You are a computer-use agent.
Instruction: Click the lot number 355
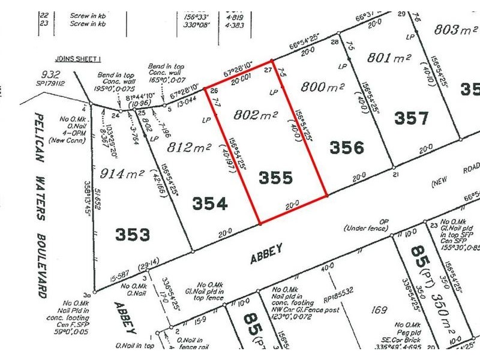point(277,178)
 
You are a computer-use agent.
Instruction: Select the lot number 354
point(210,204)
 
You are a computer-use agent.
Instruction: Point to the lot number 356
point(347,146)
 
